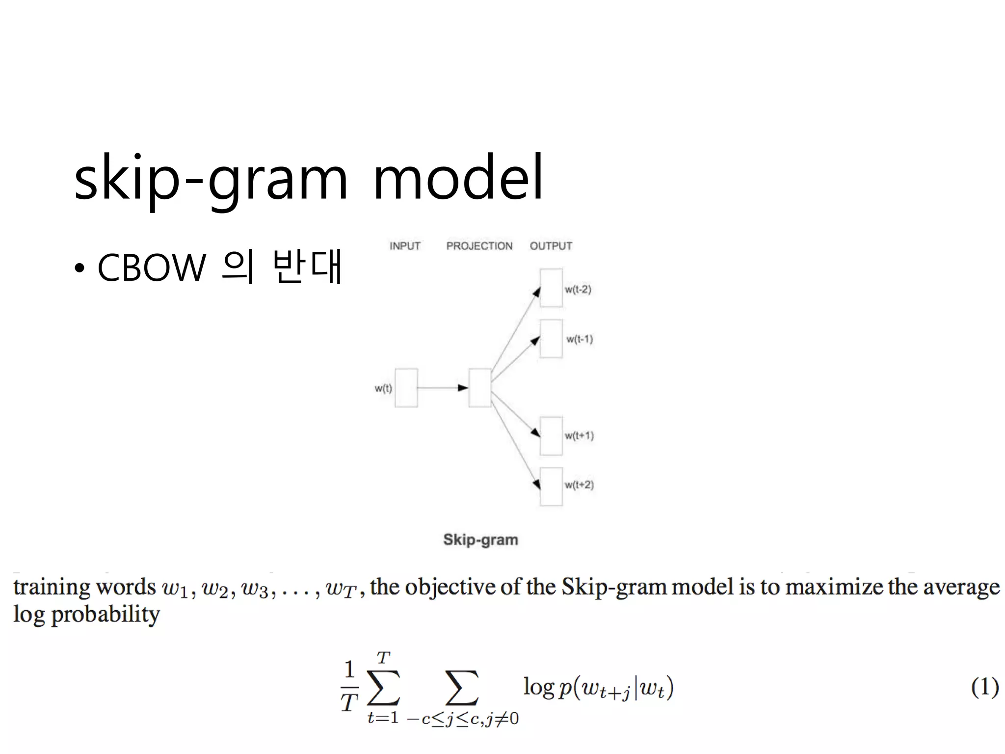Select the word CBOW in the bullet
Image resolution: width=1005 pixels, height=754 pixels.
tap(152, 268)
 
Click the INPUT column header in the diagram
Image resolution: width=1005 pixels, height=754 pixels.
tap(405, 246)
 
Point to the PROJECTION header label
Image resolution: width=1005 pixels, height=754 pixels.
tap(479, 246)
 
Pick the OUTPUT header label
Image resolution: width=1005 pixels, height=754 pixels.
tap(551, 246)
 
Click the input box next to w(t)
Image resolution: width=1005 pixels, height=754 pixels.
tap(406, 388)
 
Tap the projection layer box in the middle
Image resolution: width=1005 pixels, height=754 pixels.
tap(480, 388)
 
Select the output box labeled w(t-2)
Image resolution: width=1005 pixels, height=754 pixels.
tap(551, 288)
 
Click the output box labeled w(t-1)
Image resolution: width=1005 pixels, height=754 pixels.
tap(551, 339)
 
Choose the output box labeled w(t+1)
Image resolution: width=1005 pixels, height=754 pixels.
tap(551, 436)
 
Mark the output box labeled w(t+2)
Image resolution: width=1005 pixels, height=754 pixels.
tap(551, 486)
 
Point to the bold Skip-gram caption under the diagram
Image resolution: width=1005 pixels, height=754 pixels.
tap(480, 539)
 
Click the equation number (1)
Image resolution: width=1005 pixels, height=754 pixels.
tap(985, 687)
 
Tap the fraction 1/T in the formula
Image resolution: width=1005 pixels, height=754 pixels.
tap(349, 686)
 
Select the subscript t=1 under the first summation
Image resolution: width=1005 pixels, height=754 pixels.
tap(383, 718)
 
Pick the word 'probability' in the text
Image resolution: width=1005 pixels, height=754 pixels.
tap(106, 615)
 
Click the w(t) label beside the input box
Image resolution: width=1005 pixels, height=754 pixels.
tap(383, 388)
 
